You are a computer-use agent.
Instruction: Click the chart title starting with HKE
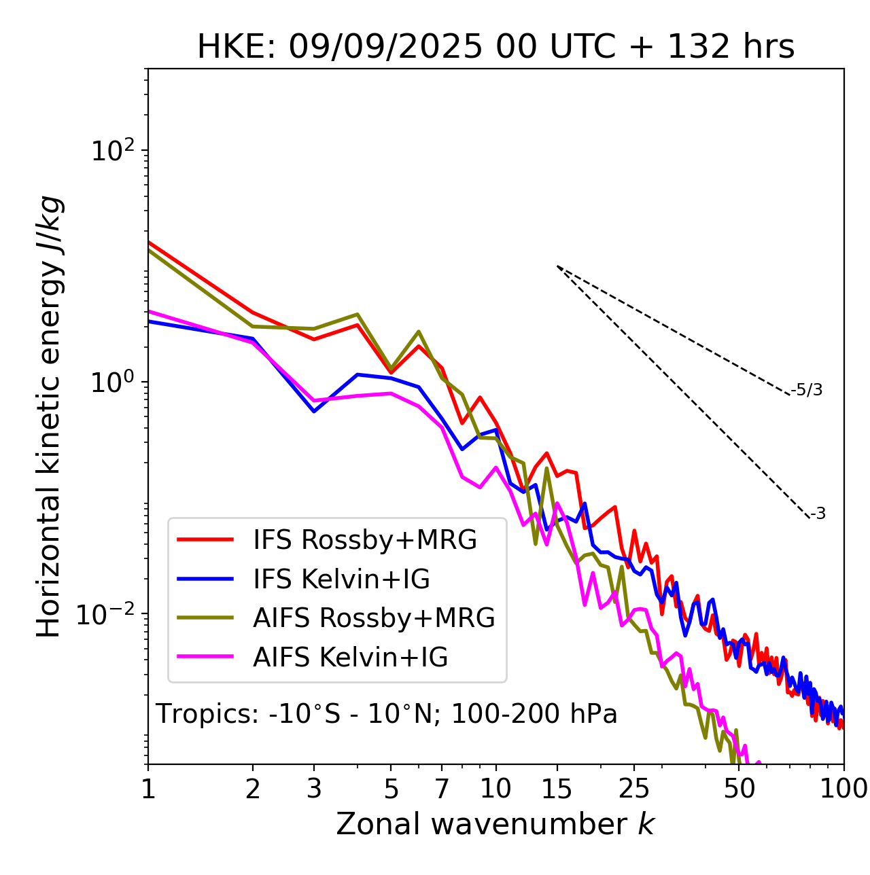click(x=495, y=48)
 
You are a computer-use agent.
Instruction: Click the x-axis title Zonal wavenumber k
click(x=495, y=823)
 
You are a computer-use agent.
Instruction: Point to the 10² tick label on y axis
click(x=111, y=150)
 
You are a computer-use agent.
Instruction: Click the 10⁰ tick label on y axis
click(x=111, y=382)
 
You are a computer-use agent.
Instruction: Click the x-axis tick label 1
click(x=148, y=789)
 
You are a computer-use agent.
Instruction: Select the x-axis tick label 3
click(x=314, y=789)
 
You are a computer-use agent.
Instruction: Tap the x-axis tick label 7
click(x=442, y=789)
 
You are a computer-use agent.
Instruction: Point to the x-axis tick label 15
click(x=557, y=789)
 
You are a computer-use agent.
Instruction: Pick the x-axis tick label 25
click(x=634, y=789)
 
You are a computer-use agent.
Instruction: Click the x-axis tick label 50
click(x=739, y=789)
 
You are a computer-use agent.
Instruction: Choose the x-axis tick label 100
click(x=843, y=789)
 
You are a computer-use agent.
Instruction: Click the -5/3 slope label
click(x=807, y=391)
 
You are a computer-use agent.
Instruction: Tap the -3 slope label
click(x=818, y=514)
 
